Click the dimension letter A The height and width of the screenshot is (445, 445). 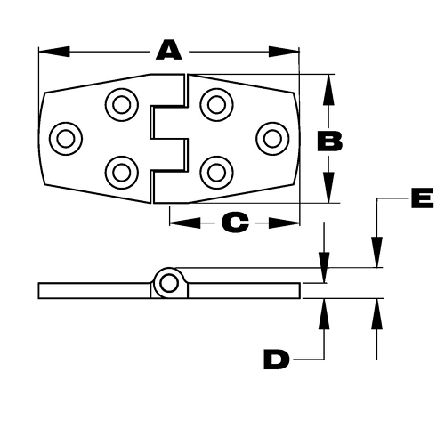click(x=168, y=51)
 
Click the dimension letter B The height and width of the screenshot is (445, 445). click(x=329, y=142)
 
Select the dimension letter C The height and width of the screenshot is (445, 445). click(x=235, y=222)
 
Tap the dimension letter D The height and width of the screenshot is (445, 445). click(x=276, y=360)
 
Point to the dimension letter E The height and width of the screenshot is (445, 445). click(x=423, y=198)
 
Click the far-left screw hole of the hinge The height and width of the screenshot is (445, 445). click(x=66, y=139)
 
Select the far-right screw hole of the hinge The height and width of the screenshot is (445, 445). click(x=272, y=139)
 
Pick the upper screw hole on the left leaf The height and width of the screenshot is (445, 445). click(x=122, y=105)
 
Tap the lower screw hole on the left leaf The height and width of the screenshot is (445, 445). click(x=122, y=173)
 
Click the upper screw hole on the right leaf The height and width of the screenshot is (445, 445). click(x=216, y=105)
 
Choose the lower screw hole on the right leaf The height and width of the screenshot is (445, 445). click(x=216, y=173)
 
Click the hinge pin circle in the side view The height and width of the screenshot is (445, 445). click(x=168, y=283)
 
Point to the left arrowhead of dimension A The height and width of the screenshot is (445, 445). click(x=54, y=52)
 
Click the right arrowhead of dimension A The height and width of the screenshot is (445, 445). click(x=284, y=52)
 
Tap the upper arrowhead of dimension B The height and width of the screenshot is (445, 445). click(x=328, y=90)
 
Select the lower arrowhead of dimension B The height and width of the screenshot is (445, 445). click(x=328, y=188)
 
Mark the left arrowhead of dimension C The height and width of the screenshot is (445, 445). click(x=185, y=222)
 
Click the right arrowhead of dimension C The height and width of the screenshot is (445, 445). click(x=284, y=222)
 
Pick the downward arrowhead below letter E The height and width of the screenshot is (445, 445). click(x=376, y=252)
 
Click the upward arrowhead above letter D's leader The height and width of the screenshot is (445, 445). click(x=324, y=314)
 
